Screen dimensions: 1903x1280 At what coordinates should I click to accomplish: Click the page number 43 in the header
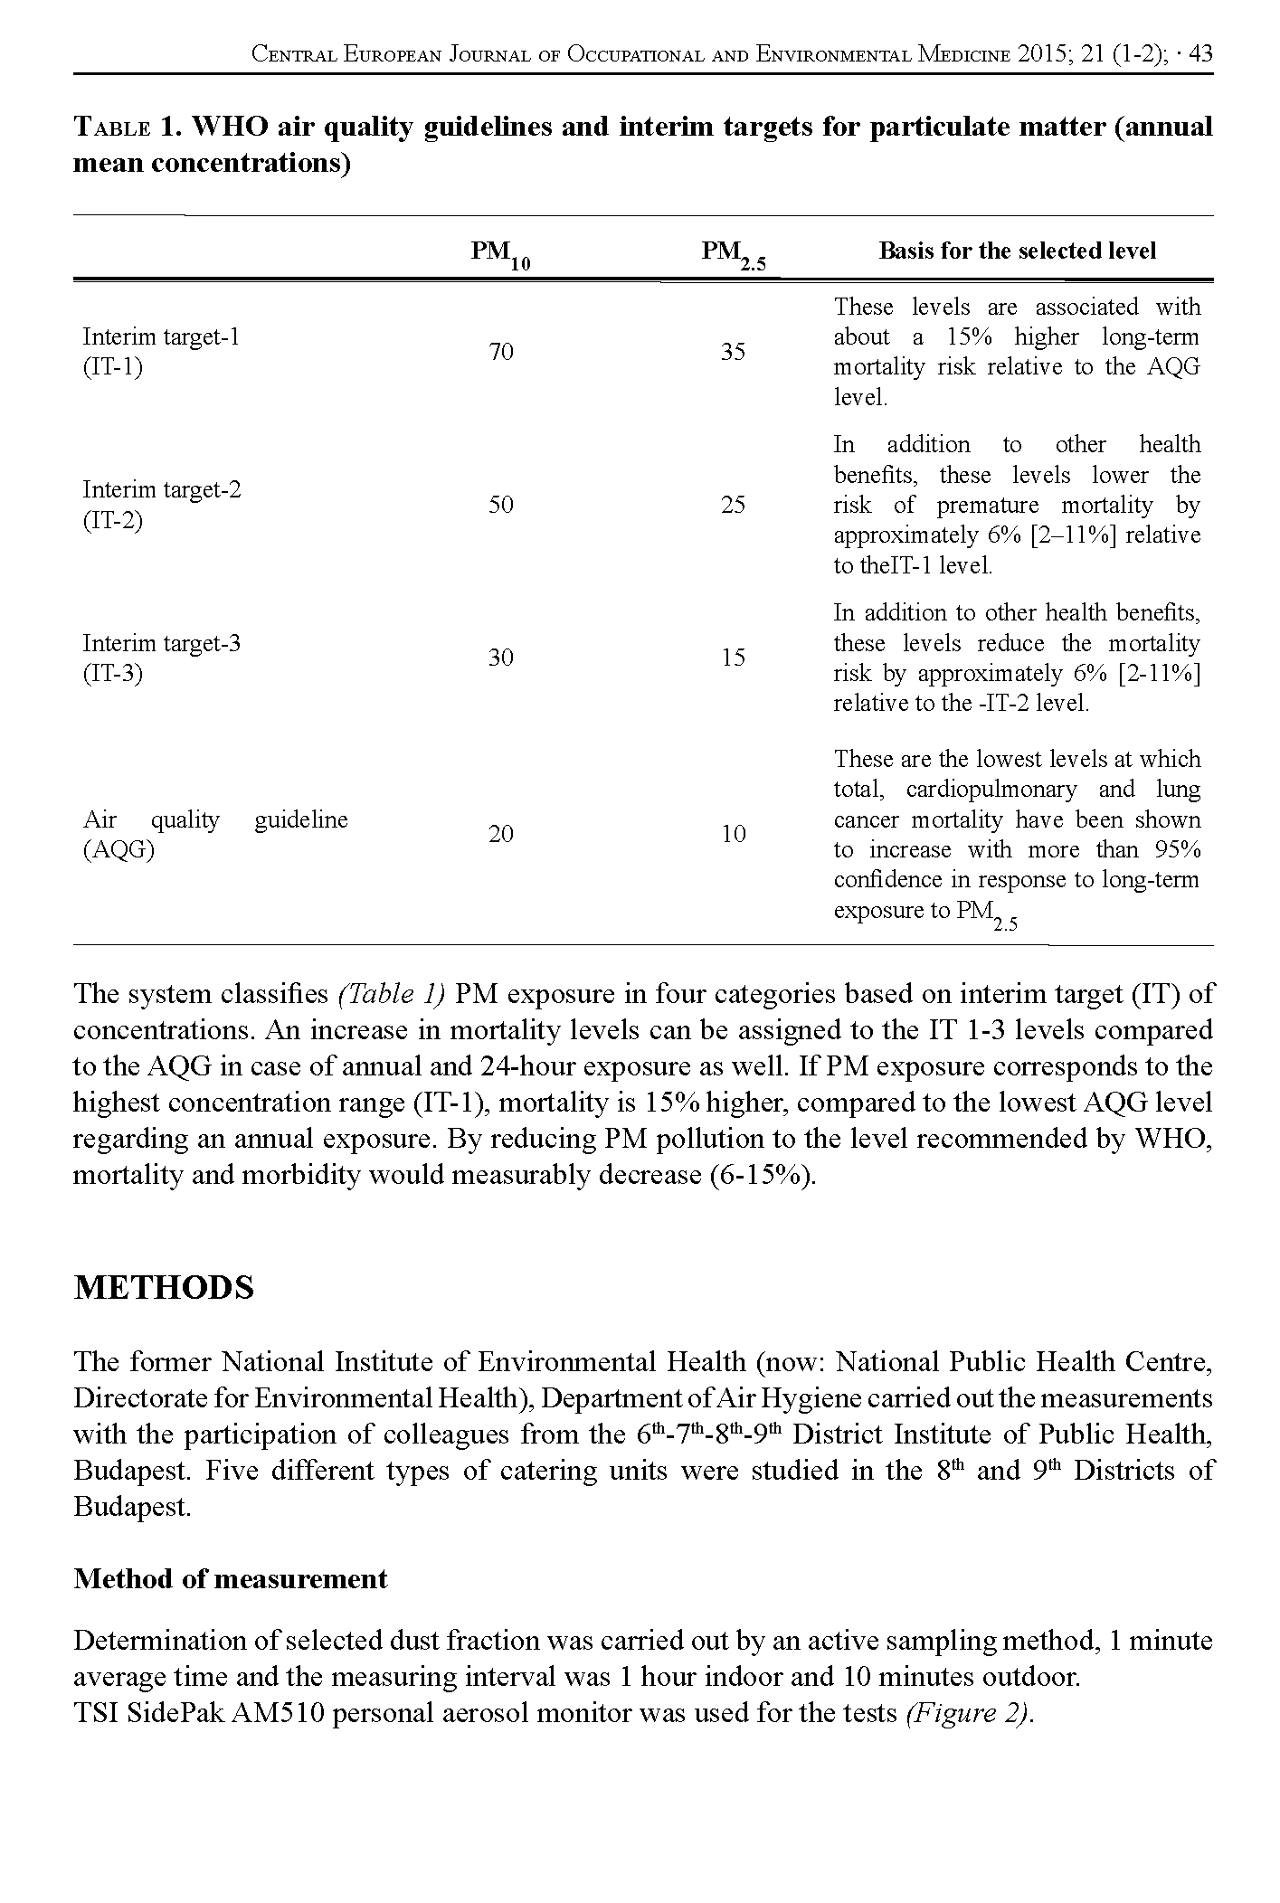pyautogui.click(x=1199, y=54)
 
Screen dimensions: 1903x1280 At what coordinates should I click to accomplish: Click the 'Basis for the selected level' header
pyautogui.click(x=1017, y=251)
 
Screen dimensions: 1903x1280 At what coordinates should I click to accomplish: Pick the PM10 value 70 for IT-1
pyautogui.click(x=501, y=352)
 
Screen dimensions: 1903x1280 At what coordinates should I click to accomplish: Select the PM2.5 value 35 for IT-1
pyautogui.click(x=733, y=352)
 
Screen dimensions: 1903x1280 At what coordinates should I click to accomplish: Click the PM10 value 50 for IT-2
pyautogui.click(x=501, y=505)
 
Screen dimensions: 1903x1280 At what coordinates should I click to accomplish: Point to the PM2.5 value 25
pyautogui.click(x=733, y=505)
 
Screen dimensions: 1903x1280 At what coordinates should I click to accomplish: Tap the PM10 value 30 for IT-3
pyautogui.click(x=501, y=658)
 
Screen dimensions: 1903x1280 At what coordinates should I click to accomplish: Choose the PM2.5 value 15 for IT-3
pyautogui.click(x=733, y=658)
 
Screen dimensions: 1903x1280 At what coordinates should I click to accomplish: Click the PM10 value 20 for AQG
pyautogui.click(x=501, y=834)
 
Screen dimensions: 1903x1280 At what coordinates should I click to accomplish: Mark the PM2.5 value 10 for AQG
pyautogui.click(x=733, y=834)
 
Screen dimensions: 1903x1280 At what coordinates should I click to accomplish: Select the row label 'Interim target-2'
pyautogui.click(x=162, y=490)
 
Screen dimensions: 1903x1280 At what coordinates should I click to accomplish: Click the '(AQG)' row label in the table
pyautogui.click(x=119, y=851)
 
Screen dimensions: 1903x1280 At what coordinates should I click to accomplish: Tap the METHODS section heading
pyautogui.click(x=163, y=1288)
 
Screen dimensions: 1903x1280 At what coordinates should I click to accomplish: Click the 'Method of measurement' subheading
pyautogui.click(x=230, y=1579)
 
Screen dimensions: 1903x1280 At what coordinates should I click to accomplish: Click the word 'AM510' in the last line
pyautogui.click(x=277, y=1714)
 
